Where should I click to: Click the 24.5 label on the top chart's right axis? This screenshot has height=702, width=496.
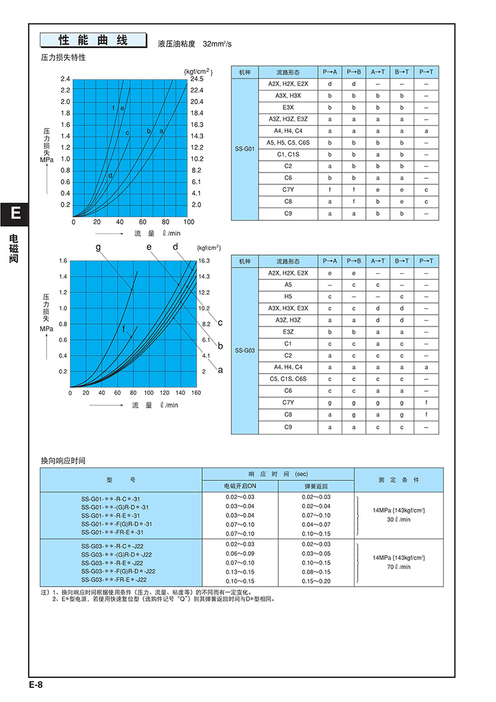pyautogui.click(x=197, y=79)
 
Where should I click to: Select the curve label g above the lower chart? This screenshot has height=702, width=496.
pyautogui.click(x=98, y=247)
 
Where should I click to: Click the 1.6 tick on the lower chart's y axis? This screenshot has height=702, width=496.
pyautogui.click(x=62, y=261)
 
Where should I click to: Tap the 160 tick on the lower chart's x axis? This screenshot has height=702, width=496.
pyautogui.click(x=196, y=393)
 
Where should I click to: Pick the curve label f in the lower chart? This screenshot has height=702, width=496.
pyautogui.click(x=124, y=328)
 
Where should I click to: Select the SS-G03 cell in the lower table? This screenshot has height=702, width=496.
pyautogui.click(x=244, y=350)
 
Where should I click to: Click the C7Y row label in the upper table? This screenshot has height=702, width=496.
pyautogui.click(x=288, y=190)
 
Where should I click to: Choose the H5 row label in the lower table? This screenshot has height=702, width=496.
pyautogui.click(x=288, y=297)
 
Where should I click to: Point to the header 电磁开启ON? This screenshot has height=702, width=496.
pyautogui.click(x=240, y=486)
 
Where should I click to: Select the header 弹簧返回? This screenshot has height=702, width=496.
pyautogui.click(x=316, y=486)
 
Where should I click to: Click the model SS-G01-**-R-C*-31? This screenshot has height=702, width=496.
pyautogui.click(x=112, y=497)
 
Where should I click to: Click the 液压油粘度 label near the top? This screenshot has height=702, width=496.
pyautogui.click(x=177, y=44)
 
